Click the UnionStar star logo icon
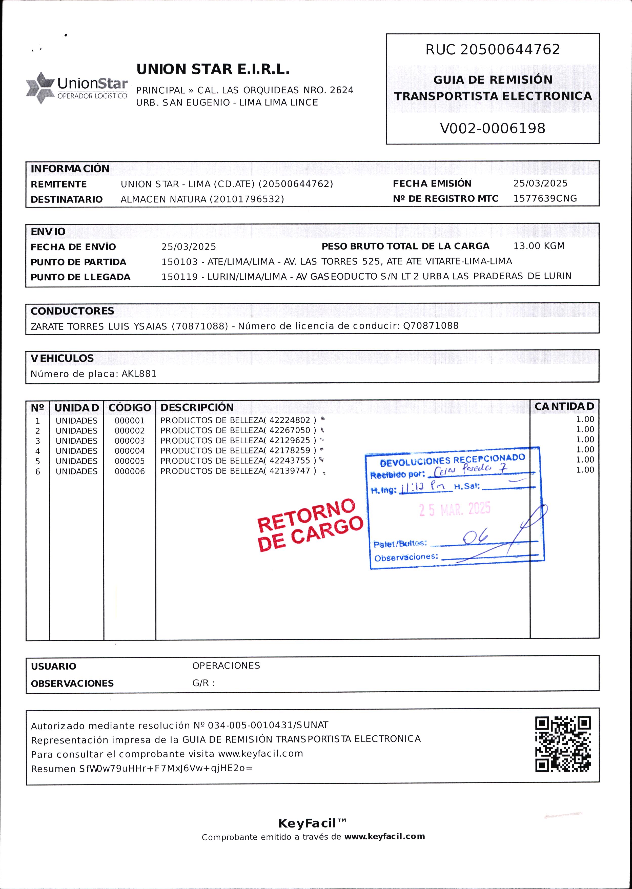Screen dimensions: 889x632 40,88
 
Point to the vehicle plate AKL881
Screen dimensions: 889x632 139,374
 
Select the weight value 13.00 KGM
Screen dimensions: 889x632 539,246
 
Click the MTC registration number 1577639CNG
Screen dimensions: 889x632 545,198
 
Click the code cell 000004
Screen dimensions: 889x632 130,451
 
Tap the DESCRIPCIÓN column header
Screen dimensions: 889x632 197,407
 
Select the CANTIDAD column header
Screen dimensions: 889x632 564,406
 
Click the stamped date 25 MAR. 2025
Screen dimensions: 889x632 455,509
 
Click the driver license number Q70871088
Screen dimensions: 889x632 431,326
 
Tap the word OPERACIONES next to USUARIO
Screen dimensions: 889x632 226,666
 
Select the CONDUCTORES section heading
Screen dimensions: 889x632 72,311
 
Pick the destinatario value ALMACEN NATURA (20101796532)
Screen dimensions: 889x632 202,199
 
